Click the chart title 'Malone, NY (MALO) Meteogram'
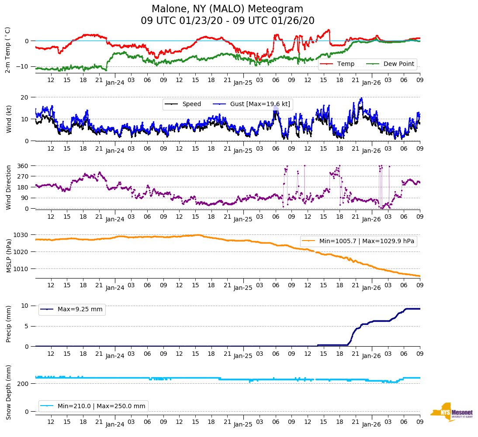pyautogui.click(x=227, y=9)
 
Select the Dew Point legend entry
pyautogui.click(x=399, y=64)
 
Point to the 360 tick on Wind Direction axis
pyautogui.click(x=23, y=166)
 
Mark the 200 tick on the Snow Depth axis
pyautogui.click(x=23, y=383)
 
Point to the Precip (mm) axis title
pyautogui.click(x=9, y=323)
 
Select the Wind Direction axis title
pyautogui.click(x=9, y=187)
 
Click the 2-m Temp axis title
pyautogui.click(x=8, y=50)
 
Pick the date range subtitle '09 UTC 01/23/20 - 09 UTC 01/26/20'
pyautogui.click(x=227, y=21)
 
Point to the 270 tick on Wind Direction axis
pyautogui.click(x=23, y=176)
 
